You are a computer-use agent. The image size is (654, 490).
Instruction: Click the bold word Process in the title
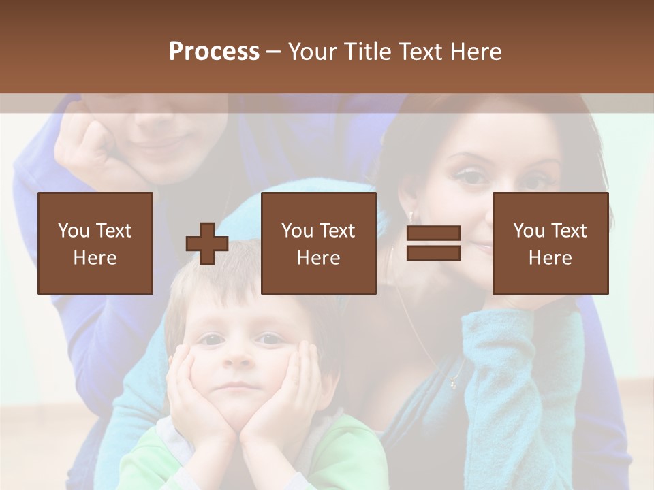[214, 52]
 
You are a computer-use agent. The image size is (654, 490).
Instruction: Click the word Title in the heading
[368, 52]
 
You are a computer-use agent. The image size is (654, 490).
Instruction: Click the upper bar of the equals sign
[433, 233]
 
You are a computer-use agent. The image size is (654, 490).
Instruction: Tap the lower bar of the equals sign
[433, 253]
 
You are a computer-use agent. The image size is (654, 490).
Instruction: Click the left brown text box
[95, 243]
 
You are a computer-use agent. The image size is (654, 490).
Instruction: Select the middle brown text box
[318, 243]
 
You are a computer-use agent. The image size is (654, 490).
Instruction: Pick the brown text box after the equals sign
[550, 243]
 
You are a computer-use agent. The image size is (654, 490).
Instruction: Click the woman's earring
[410, 217]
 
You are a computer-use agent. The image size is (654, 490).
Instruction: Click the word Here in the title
[476, 52]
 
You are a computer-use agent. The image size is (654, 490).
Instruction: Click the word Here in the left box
[95, 258]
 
